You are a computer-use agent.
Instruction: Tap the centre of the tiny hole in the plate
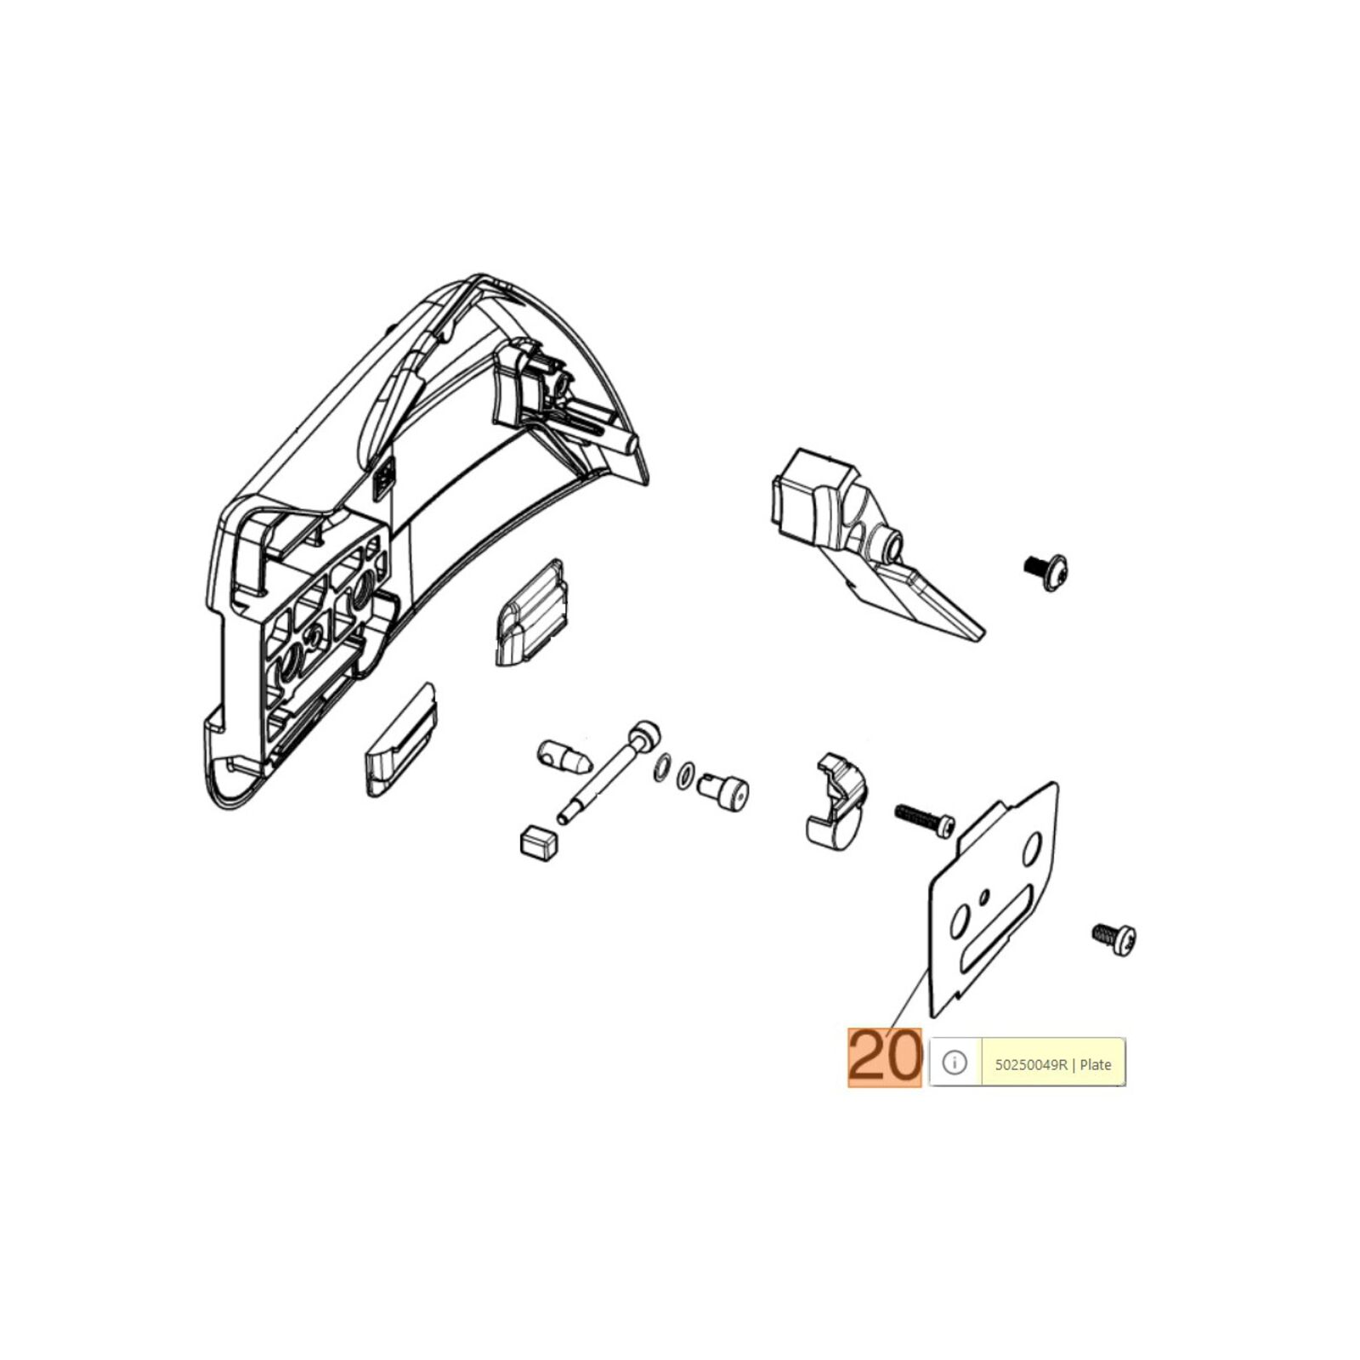pyautogui.click(x=984, y=897)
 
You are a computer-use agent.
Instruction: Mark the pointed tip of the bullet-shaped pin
pyautogui.click(x=588, y=763)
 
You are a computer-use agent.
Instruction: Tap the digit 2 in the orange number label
pyautogui.click(x=866, y=1057)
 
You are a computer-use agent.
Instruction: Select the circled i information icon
pyautogui.click(x=955, y=1062)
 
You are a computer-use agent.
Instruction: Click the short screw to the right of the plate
pyautogui.click(x=1114, y=939)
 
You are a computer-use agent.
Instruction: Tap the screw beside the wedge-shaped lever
pyautogui.click(x=1045, y=569)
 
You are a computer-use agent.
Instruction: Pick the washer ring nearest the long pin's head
pyautogui.click(x=660, y=770)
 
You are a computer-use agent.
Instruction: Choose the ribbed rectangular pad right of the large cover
pyautogui.click(x=529, y=612)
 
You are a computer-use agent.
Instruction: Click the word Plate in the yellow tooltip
pyautogui.click(x=1096, y=1065)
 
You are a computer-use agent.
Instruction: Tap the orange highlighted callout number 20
pyautogui.click(x=884, y=1057)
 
